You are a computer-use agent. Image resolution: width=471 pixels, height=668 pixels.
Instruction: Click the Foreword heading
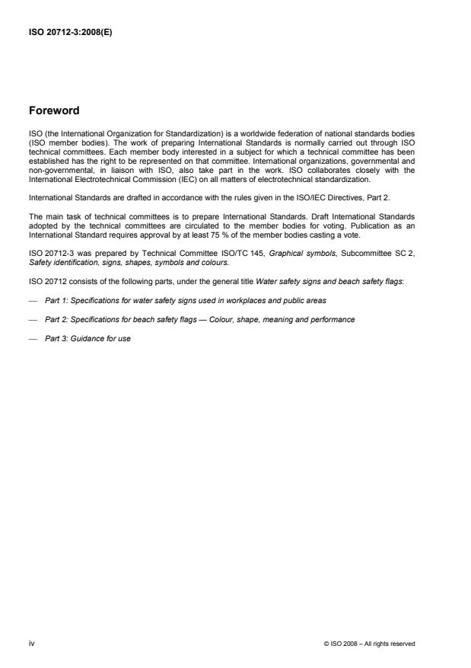point(53,110)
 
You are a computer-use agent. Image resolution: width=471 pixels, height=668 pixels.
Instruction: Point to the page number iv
point(31,644)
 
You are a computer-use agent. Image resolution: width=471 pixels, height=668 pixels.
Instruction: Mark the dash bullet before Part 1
point(33,299)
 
